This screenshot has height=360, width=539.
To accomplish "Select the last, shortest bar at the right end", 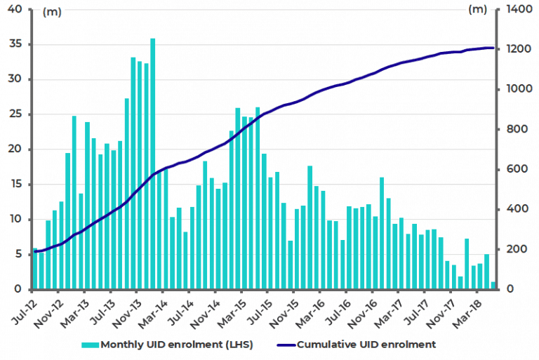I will pos(493,286).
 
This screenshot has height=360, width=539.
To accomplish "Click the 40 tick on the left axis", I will pos(15,9).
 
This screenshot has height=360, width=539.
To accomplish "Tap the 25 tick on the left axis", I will pos(15,114).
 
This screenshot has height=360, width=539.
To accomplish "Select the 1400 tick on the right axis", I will pos(515,9).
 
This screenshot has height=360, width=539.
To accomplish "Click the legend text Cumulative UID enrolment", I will pos(366,345).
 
